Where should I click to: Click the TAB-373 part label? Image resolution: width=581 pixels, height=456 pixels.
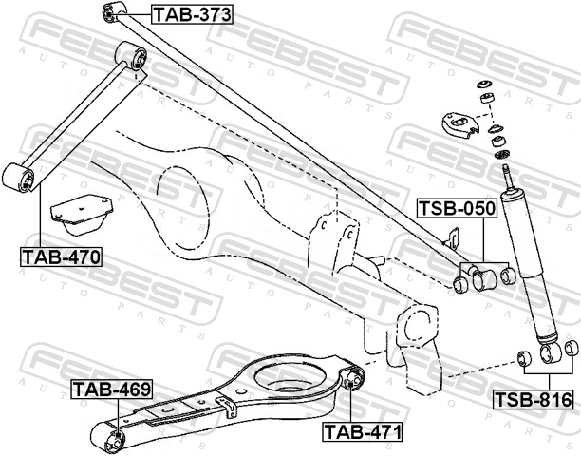click(x=192, y=15)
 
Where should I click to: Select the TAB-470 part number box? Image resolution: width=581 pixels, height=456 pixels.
click(x=61, y=256)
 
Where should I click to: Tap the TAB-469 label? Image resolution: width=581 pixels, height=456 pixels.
click(x=112, y=389)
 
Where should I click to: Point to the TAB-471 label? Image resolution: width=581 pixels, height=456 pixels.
click(x=363, y=432)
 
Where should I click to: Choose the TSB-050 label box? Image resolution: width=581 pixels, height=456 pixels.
click(x=458, y=208)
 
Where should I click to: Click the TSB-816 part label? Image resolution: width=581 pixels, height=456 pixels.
click(x=534, y=400)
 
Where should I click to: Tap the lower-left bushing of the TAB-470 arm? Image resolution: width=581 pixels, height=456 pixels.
click(x=18, y=177)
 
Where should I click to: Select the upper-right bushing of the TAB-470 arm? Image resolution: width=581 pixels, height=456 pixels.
click(x=130, y=56)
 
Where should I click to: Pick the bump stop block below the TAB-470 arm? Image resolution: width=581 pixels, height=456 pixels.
click(x=82, y=215)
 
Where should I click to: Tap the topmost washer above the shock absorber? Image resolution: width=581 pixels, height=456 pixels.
click(x=483, y=84)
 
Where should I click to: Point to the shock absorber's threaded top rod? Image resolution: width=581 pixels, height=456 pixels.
click(x=505, y=178)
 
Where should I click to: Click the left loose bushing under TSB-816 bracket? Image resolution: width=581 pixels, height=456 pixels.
click(x=524, y=358)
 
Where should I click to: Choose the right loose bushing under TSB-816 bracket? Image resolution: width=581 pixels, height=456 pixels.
click(x=572, y=350)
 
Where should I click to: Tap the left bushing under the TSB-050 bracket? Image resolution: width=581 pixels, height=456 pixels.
click(x=461, y=285)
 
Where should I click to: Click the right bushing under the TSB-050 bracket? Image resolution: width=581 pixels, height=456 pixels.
click(x=508, y=276)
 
